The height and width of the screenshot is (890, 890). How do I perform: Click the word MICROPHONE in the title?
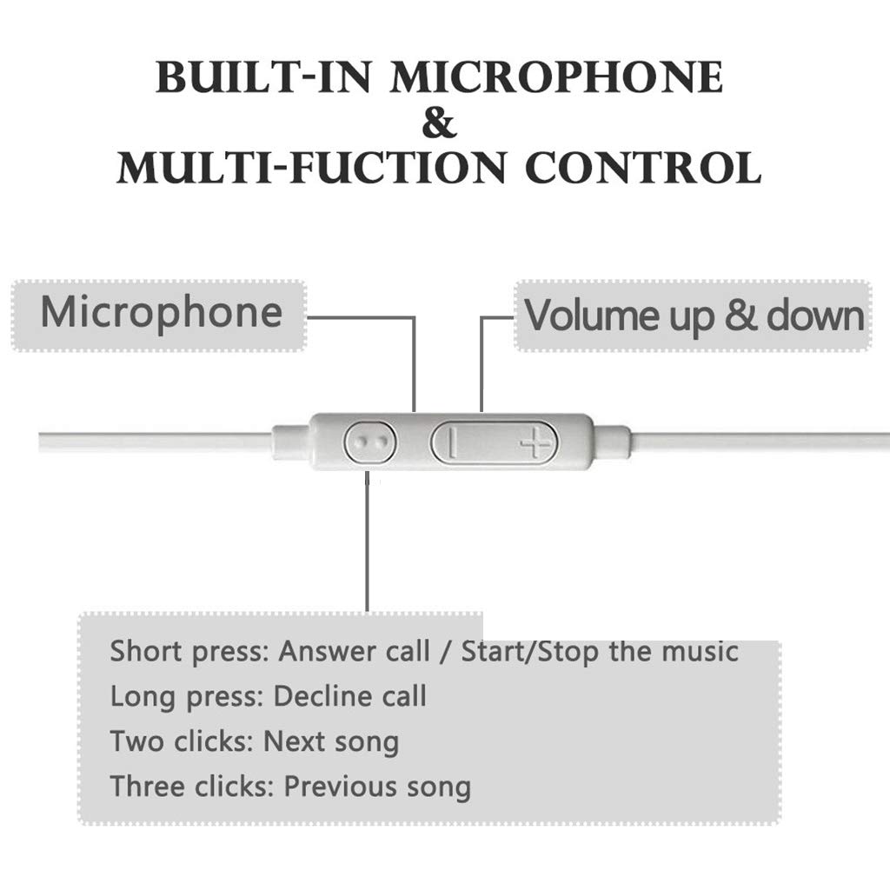point(556,77)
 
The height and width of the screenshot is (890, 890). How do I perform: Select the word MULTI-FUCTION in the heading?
point(311,168)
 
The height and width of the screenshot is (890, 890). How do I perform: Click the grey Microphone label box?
point(160,314)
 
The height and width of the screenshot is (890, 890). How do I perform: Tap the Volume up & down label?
point(694,315)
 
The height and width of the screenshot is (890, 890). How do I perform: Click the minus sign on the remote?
point(452,444)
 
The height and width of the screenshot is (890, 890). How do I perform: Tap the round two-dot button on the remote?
point(370,442)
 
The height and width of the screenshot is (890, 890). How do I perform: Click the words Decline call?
point(350,696)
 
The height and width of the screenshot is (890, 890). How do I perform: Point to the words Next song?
point(331,742)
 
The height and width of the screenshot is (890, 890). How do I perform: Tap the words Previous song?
point(377,787)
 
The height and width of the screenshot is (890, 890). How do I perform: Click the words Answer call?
point(354,651)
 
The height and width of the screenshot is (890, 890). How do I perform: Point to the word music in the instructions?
point(699,651)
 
